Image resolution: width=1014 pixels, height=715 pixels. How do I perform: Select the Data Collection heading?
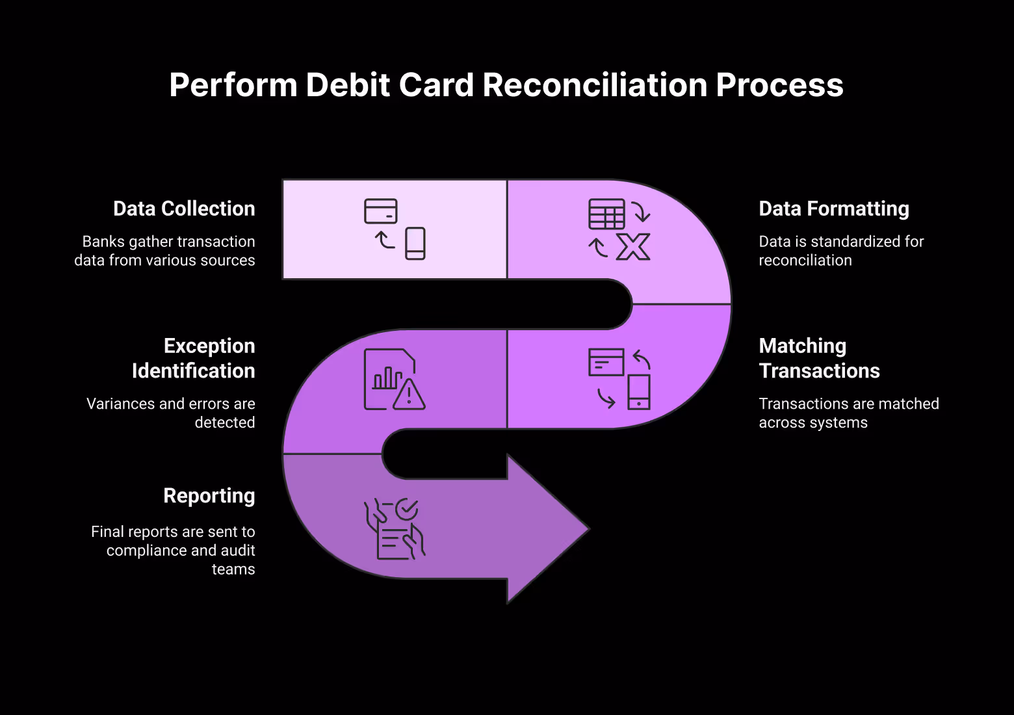(x=184, y=209)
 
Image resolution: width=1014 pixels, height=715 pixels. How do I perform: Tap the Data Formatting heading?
(x=834, y=209)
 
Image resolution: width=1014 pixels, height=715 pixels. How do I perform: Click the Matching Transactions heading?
(x=819, y=358)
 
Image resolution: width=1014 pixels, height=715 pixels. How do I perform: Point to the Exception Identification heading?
(x=193, y=358)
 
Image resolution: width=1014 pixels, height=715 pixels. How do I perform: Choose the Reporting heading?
(x=209, y=496)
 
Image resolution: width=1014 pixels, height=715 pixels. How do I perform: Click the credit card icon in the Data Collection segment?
(x=380, y=211)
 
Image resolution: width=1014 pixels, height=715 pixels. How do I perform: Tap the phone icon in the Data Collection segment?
(x=415, y=244)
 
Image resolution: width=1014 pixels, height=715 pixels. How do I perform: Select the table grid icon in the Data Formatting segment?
(x=606, y=214)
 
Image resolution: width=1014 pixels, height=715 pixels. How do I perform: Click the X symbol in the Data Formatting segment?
(x=633, y=247)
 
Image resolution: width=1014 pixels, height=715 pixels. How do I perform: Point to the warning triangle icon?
(x=409, y=395)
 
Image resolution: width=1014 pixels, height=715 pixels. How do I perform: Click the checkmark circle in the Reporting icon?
(x=407, y=510)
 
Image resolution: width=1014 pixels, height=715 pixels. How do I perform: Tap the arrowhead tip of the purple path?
(x=587, y=529)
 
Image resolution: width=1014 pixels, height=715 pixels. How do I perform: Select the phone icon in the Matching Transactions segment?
(x=639, y=392)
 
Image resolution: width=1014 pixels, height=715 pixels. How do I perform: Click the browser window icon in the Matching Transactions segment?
(x=606, y=362)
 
